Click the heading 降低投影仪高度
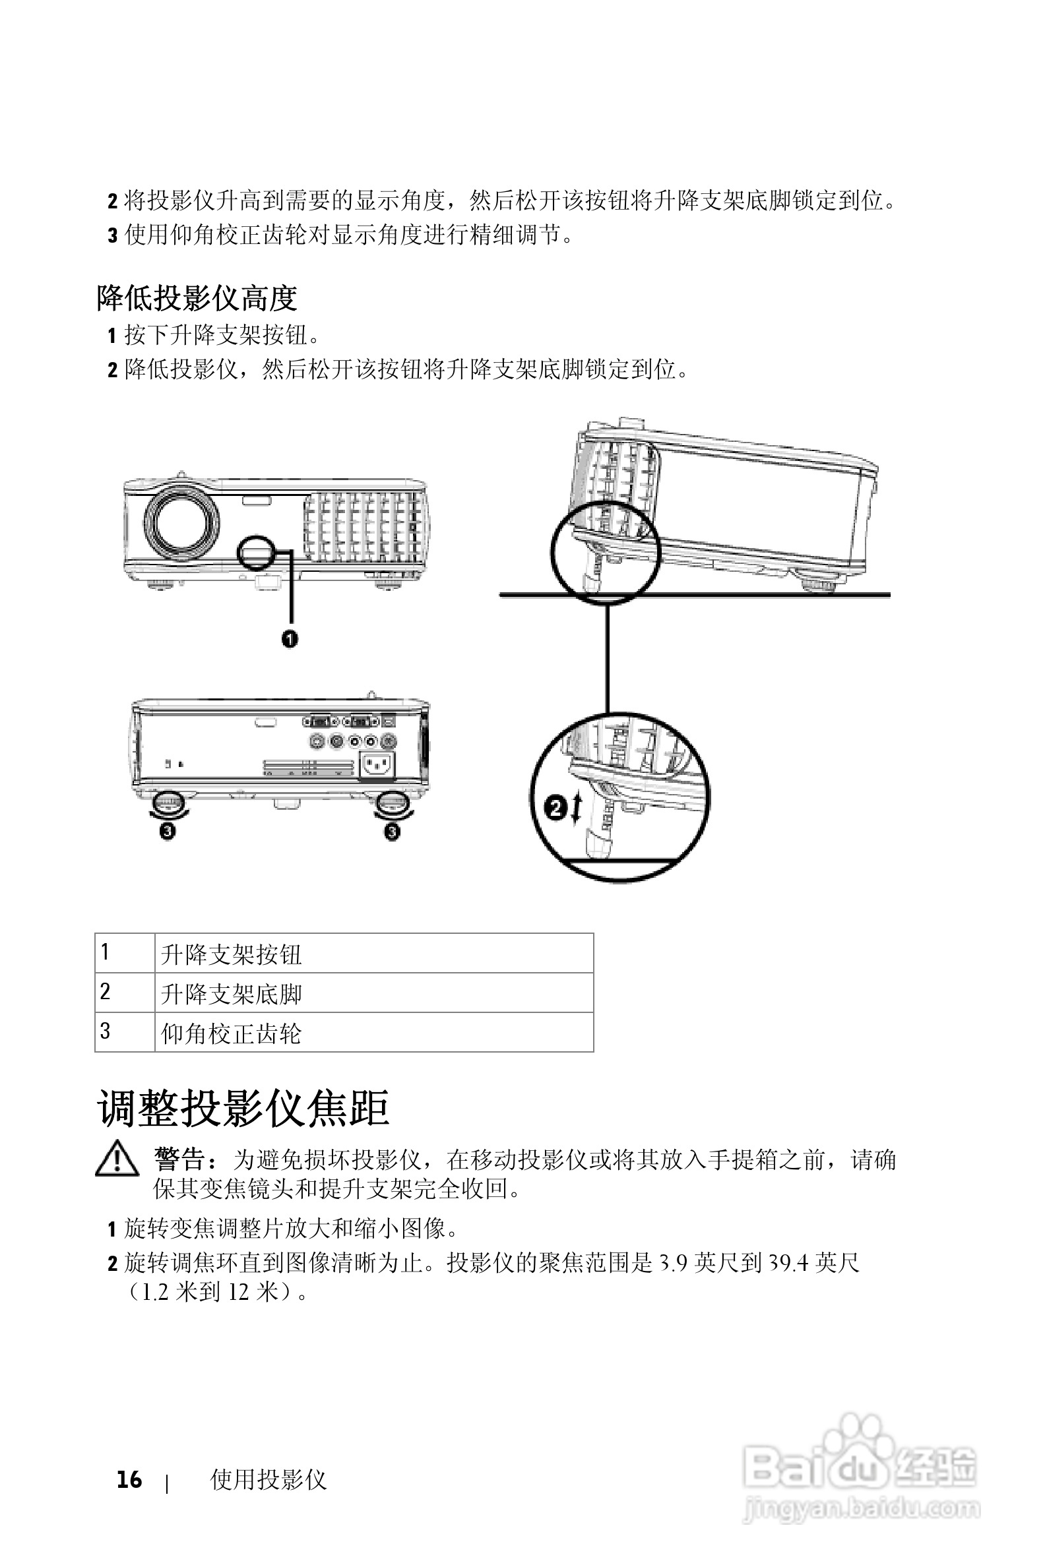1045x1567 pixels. coord(197,298)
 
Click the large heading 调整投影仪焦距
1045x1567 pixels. coord(243,1109)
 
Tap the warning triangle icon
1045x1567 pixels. coord(117,1159)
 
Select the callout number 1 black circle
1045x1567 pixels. coord(289,639)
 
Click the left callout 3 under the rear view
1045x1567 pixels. coord(168,831)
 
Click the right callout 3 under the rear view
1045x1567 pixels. coord(393,831)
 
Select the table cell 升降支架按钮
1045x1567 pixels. coord(373,954)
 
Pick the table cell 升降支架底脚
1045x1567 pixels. coord(373,993)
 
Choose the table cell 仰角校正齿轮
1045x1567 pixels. coord(373,1033)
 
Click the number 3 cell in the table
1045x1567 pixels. coord(125,1032)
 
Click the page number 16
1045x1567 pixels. coord(129,1479)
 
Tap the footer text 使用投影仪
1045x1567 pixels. coord(268,1479)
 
